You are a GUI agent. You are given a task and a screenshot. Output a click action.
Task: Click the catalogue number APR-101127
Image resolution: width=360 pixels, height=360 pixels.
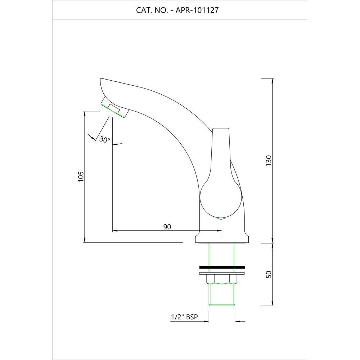coord(197,10)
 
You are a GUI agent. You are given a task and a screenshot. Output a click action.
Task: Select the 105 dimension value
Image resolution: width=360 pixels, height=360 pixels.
coord(81,177)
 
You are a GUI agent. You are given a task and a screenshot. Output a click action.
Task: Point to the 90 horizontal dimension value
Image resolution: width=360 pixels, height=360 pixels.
coord(167,227)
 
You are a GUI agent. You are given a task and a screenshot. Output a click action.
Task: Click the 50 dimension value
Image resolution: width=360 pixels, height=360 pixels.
coord(269,275)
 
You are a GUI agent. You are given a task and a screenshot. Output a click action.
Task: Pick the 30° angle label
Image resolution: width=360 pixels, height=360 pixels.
coord(105,140)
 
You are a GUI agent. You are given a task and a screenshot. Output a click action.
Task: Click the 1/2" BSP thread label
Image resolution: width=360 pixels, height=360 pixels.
coord(184,317)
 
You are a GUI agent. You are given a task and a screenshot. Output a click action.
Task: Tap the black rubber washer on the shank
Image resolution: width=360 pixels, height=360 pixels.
coord(222,267)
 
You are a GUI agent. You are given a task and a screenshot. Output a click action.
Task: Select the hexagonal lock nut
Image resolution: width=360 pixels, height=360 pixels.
coord(222,280)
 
